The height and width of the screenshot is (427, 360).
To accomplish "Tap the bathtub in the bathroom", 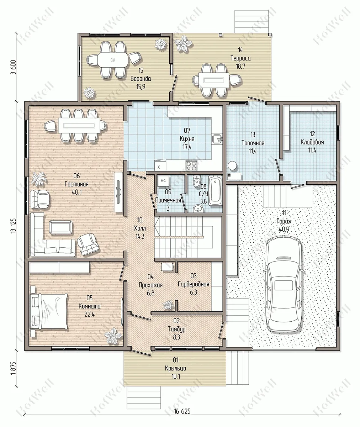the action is pyautogui.click(x=215, y=191).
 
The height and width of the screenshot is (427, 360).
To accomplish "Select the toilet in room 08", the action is pyautogui.click(x=197, y=181).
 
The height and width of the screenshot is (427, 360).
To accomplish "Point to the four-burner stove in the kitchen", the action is pyautogui.click(x=191, y=165).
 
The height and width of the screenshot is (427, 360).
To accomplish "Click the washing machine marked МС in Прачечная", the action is pyautogui.click(x=163, y=181).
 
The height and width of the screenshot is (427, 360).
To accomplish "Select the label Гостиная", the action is pyautogui.click(x=76, y=184).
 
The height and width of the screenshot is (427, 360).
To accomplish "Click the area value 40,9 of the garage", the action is pyautogui.click(x=284, y=229).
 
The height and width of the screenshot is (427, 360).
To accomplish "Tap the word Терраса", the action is pyautogui.click(x=240, y=58).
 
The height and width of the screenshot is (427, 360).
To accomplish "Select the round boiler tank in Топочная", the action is pyautogui.click(x=232, y=165).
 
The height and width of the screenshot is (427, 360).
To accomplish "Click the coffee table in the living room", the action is pyautogui.click(x=60, y=227).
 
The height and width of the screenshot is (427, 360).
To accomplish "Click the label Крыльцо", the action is pyautogui.click(x=176, y=368).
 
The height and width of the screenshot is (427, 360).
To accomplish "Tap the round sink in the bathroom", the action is pyautogui.click(x=197, y=209).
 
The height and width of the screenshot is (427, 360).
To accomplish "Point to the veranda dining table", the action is pyautogui.click(x=113, y=60).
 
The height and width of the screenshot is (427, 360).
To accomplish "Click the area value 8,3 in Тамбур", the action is pyautogui.click(x=176, y=337).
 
